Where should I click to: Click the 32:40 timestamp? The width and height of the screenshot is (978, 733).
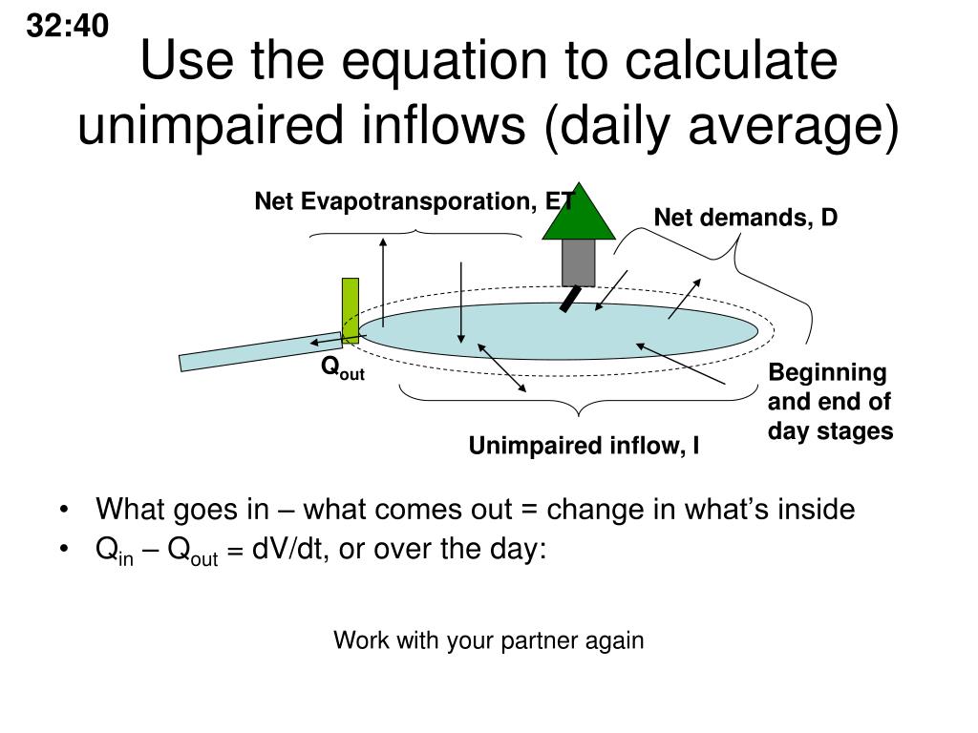tap(67, 28)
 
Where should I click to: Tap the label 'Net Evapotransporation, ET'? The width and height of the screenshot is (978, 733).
tap(413, 201)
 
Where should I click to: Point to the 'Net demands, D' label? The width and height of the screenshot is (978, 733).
tap(745, 218)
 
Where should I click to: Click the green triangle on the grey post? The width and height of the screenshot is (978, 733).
tap(579, 212)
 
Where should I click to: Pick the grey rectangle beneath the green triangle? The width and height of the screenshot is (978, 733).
tap(579, 262)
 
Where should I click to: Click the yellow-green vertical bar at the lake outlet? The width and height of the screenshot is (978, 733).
tap(351, 310)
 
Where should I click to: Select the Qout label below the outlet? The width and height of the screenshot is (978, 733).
tap(342, 368)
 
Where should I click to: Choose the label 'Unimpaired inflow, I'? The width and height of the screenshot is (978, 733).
tap(584, 446)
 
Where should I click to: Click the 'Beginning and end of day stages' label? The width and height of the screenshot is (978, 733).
tap(830, 402)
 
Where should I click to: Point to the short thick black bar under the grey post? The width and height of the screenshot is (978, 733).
tap(569, 300)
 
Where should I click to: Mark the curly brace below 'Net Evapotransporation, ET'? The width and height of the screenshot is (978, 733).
tap(416, 232)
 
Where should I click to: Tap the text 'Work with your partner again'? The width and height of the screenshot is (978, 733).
tap(488, 640)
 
